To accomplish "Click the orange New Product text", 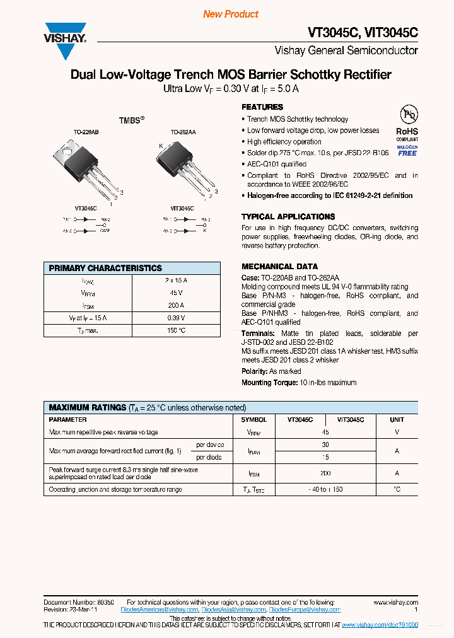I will pyautogui.click(x=231, y=14).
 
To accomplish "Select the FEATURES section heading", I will pyautogui.click(x=262, y=107).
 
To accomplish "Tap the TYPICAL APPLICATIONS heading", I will pyautogui.click(x=288, y=217).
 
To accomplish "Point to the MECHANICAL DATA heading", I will pyautogui.click(x=279, y=267).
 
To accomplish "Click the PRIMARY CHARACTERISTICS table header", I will pyautogui.click(x=105, y=268).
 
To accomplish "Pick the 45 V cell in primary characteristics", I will pyautogui.click(x=176, y=293).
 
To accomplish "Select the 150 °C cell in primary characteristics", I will pyautogui.click(x=176, y=330).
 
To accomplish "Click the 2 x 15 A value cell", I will pyautogui.click(x=176, y=281).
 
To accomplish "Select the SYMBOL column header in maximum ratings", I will pyautogui.click(x=254, y=419).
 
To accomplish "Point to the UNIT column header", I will pyautogui.click(x=397, y=419).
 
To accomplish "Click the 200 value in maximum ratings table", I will pyautogui.click(x=325, y=473).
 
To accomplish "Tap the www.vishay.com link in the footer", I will pyautogui.click(x=395, y=603).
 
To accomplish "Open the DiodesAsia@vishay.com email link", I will pyautogui.click(x=234, y=610).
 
